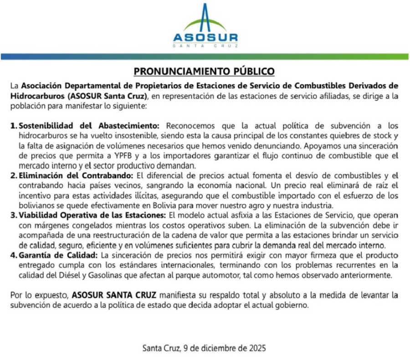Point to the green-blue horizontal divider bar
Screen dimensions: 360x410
tap(205, 57)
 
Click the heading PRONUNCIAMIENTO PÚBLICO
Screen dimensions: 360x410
tap(204, 72)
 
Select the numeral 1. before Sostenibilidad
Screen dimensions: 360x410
tap(14, 125)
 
